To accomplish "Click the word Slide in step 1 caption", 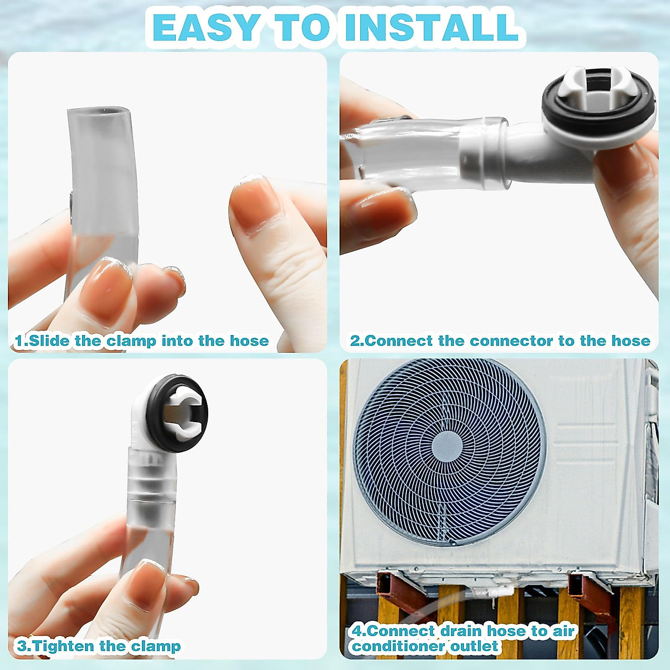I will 50,341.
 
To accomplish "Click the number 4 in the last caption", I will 358,631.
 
